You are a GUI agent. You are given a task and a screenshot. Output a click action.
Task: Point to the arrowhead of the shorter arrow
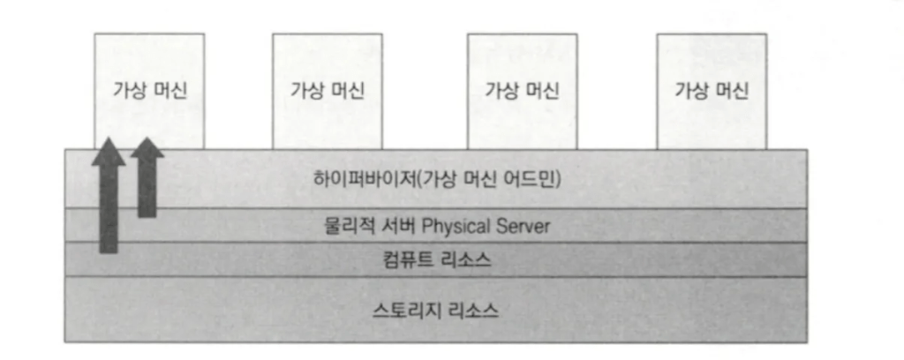click(x=147, y=148)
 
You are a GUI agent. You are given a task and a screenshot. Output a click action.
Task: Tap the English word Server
click(x=525, y=226)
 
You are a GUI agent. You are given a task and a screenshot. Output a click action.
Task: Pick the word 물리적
click(x=346, y=226)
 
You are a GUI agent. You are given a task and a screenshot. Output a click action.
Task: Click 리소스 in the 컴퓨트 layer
click(x=466, y=260)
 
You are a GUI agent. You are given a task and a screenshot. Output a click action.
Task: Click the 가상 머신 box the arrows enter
click(x=149, y=90)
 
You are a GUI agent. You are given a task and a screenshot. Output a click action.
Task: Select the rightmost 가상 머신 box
click(x=711, y=90)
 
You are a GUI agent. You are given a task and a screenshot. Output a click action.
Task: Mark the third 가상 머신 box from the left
click(x=522, y=90)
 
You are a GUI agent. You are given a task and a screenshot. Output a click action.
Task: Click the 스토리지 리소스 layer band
click(x=221, y=310)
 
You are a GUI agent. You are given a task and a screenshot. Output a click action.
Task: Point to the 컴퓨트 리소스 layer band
click(x=221, y=260)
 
